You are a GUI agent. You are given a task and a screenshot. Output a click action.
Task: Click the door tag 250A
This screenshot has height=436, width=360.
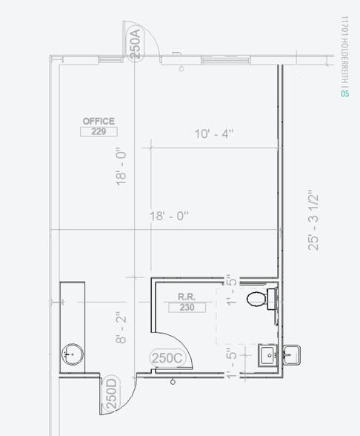(x=136, y=44)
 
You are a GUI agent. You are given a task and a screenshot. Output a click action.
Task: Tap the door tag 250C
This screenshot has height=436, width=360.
(x=167, y=358)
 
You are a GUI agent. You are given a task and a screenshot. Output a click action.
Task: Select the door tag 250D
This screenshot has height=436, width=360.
(x=112, y=394)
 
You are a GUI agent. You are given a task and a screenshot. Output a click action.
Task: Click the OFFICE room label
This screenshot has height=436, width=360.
(x=99, y=122)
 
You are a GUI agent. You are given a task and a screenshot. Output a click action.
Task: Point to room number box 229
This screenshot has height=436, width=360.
(x=99, y=131)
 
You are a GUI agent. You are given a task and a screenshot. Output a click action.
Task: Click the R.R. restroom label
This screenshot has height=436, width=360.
(x=187, y=297)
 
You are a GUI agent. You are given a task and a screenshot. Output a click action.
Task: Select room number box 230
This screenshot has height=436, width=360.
(x=187, y=308)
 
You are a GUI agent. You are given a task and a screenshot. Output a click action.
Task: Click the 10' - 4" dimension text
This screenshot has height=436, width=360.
(x=214, y=133)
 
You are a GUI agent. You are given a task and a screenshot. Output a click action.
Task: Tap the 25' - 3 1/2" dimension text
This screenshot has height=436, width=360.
(x=313, y=220)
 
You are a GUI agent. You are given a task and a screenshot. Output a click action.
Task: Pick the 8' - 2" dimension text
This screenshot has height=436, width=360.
(x=121, y=327)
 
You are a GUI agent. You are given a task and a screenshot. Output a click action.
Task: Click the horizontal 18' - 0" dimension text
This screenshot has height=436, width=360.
(x=169, y=216)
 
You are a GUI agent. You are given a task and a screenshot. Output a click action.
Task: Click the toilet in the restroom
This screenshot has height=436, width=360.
(x=261, y=299)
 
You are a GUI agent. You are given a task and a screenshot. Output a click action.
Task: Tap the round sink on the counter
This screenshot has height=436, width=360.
(x=73, y=354)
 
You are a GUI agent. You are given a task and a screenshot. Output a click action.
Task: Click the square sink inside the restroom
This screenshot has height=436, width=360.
(x=268, y=355)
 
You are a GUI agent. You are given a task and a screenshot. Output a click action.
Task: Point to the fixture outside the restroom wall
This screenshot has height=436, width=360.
(x=291, y=354)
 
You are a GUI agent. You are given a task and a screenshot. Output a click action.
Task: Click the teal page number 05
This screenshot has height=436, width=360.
(x=344, y=93)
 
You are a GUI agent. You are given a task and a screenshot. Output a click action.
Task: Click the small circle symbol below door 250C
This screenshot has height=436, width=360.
(x=173, y=382)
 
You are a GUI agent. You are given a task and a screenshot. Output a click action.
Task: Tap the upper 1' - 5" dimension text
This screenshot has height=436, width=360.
(x=232, y=290)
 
